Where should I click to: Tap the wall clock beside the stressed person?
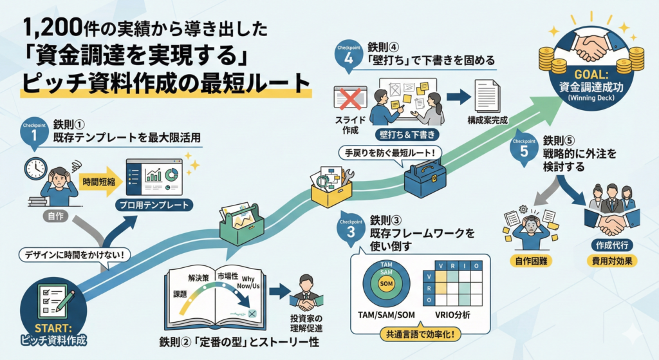point(35,169)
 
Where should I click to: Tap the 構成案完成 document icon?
point(488,97)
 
